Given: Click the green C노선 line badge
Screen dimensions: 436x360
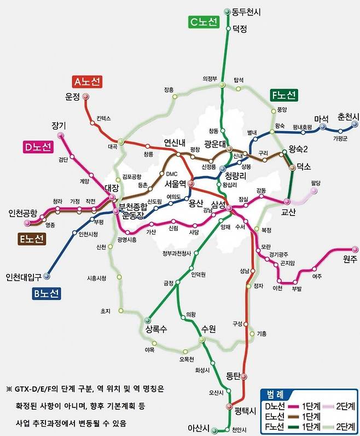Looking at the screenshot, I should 204,22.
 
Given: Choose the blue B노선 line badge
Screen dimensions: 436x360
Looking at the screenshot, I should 45,293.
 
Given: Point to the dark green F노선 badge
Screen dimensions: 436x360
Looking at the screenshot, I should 283,96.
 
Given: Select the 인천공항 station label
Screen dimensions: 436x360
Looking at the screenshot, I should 22,213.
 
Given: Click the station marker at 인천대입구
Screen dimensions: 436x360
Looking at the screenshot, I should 47,276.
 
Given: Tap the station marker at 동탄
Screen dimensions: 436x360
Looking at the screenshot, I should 243,377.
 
